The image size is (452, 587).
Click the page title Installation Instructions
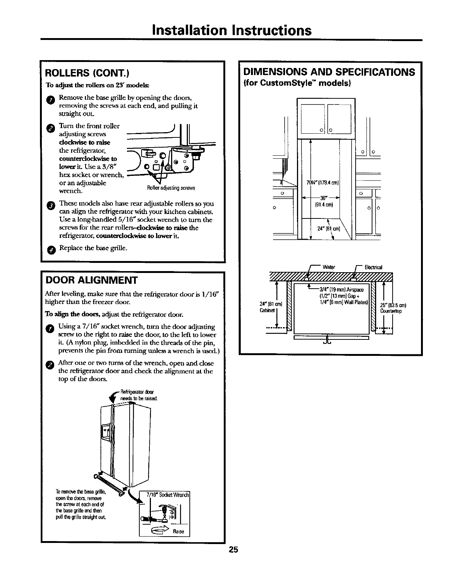[232, 30]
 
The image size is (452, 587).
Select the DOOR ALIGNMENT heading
[92, 280]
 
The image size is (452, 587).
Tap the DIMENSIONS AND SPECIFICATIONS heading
[329, 72]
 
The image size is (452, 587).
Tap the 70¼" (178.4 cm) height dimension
[322, 183]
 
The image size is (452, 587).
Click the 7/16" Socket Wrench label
[169, 495]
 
